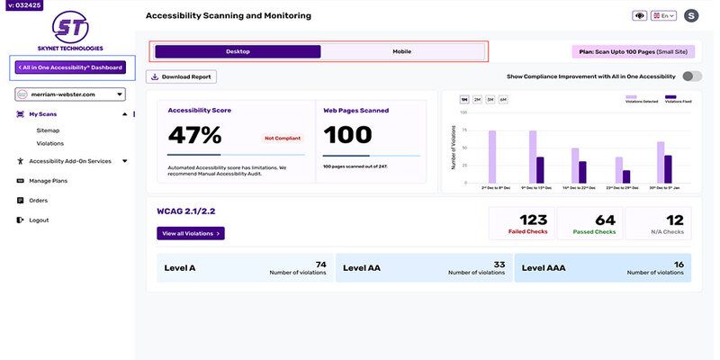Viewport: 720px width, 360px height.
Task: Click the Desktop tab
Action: tap(238, 51)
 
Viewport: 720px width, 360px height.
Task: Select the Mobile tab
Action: tap(401, 51)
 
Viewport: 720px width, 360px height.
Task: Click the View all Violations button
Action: tap(190, 233)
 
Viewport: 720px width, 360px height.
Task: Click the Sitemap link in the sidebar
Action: tap(48, 130)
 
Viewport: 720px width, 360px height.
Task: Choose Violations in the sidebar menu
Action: tap(49, 143)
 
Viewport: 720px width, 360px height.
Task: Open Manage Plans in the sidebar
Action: tap(48, 181)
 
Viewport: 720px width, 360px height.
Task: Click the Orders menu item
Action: tap(38, 200)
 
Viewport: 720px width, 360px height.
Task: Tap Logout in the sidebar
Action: tap(39, 220)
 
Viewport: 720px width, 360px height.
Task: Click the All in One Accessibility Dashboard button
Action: tap(69, 67)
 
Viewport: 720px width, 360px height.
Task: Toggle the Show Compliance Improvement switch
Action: tap(691, 76)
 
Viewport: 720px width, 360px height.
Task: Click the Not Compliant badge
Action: tap(283, 138)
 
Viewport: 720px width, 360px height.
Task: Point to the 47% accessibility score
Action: tap(194, 135)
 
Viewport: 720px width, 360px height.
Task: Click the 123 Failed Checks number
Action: tap(533, 220)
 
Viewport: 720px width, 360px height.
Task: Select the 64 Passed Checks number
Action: tap(605, 220)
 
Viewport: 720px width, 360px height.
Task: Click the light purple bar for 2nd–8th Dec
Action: tap(492, 157)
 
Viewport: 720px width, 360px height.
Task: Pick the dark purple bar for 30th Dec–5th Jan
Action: tap(668, 169)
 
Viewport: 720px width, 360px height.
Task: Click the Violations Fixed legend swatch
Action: tap(670, 96)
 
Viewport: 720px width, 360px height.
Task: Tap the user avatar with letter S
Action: tap(691, 15)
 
